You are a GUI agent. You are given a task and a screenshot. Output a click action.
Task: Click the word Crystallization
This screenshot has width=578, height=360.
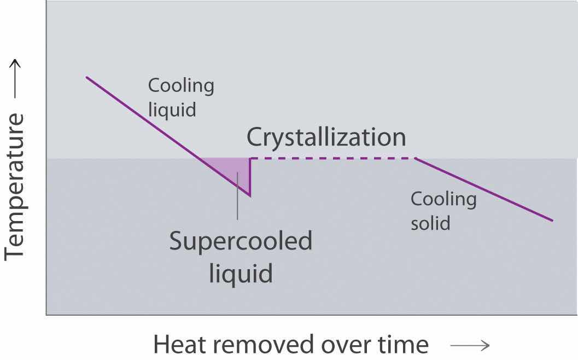[326, 137]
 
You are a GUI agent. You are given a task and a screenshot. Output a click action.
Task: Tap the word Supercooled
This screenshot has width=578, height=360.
[241, 241]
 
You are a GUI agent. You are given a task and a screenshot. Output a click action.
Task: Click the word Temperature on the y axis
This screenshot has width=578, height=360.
[15, 186]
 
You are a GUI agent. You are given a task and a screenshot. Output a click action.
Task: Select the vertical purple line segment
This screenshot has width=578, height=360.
[250, 176]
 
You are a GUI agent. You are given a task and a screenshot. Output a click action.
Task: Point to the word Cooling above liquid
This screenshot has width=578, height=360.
[181, 86]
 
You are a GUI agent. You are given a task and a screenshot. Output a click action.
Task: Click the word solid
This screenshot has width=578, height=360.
[430, 223]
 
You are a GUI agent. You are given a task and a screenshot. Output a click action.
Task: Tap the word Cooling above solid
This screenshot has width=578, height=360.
[443, 199]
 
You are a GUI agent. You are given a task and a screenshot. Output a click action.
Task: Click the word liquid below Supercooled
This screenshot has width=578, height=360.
[241, 272]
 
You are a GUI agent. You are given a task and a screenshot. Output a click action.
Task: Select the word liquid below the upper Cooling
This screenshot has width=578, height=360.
[172, 109]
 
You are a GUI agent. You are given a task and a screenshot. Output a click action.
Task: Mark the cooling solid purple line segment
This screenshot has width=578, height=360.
[484, 189]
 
